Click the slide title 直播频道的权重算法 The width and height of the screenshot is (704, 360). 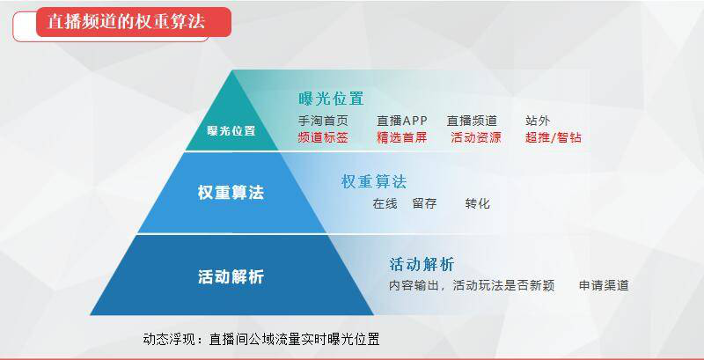[126, 21]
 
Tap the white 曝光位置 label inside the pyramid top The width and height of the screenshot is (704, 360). [231, 130]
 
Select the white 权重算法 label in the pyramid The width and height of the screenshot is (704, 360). [231, 193]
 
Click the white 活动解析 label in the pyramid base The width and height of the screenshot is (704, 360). [231, 276]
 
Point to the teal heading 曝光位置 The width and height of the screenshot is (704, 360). [331, 99]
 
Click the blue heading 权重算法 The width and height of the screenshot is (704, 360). [374, 182]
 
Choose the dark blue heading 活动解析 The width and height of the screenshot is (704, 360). [422, 264]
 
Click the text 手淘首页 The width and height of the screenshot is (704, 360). [323, 121]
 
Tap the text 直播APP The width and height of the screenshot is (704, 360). [402, 121]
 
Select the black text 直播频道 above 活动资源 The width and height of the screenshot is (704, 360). [472, 121]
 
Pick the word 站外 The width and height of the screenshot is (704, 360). [538, 121]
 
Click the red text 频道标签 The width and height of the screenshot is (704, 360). [323, 137]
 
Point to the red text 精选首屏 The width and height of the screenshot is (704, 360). [402, 137]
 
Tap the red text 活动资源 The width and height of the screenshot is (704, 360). [476, 137]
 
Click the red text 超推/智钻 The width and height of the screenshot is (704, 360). [554, 137]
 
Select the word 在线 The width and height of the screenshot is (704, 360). [385, 204]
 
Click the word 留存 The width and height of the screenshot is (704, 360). [424, 204]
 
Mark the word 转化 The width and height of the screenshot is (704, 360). [478, 204]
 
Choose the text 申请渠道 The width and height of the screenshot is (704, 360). [604, 285]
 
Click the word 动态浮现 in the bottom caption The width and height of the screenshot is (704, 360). [168, 339]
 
